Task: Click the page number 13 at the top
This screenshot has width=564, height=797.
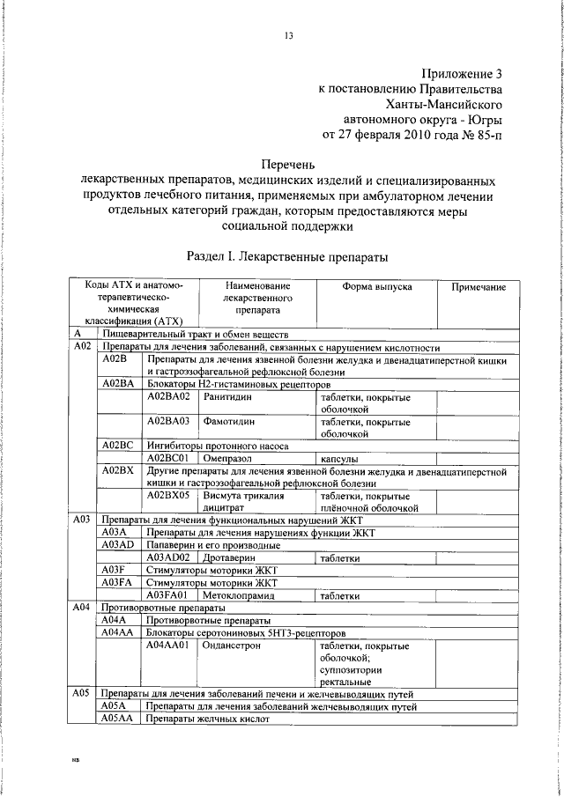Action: click(287, 35)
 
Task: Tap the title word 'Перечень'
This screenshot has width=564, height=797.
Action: click(287, 164)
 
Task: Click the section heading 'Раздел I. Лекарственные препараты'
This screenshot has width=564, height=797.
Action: click(288, 256)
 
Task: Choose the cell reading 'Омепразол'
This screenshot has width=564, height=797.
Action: click(229, 459)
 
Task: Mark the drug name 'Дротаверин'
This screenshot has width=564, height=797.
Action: click(230, 557)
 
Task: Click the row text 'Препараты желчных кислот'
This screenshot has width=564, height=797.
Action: click(207, 719)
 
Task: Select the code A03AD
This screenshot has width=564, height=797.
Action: click(117, 545)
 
